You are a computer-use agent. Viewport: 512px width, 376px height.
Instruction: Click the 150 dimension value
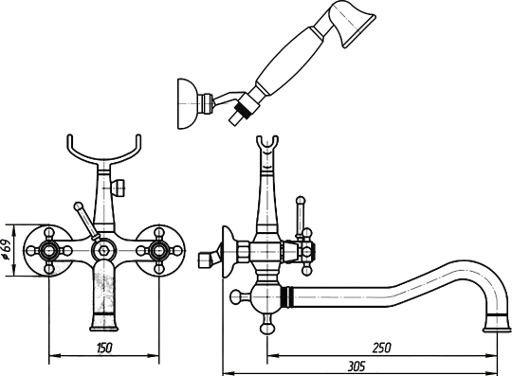click(x=104, y=348)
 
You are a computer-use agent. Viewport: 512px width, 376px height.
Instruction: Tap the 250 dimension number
click(x=381, y=348)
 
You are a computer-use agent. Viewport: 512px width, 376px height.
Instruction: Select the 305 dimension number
click(x=356, y=367)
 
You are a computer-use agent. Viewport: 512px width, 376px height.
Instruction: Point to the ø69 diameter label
click(x=8, y=250)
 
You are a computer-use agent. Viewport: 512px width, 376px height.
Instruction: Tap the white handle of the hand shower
click(x=288, y=61)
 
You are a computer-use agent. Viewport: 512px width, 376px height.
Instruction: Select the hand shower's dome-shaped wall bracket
click(x=187, y=103)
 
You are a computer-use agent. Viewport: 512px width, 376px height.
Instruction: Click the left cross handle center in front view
click(x=49, y=250)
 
